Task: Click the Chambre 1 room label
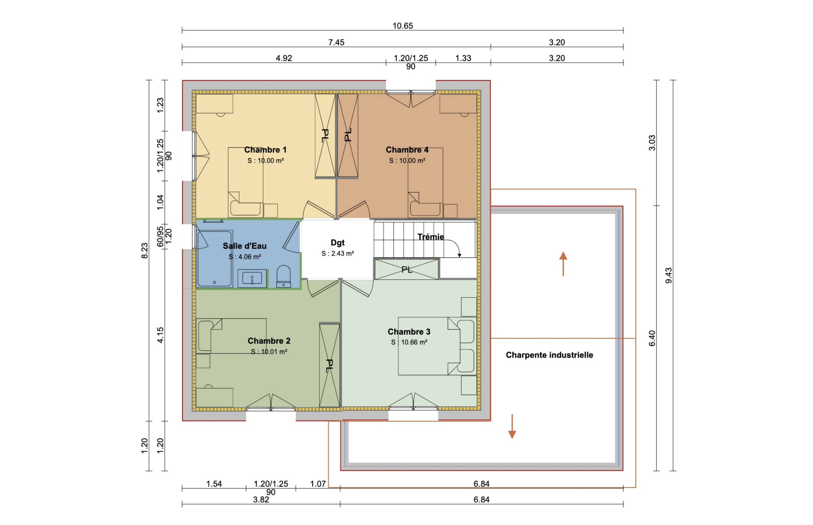pyautogui.click(x=265, y=150)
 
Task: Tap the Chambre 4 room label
pyautogui.click(x=407, y=150)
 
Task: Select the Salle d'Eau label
pyautogui.click(x=244, y=246)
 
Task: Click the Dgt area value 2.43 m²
pyautogui.click(x=338, y=253)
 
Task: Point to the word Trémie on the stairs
pyautogui.click(x=430, y=237)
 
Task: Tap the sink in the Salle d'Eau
pyautogui.click(x=252, y=278)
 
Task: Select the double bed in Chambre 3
pyautogui.click(x=428, y=346)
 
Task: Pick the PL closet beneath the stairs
pyautogui.click(x=406, y=269)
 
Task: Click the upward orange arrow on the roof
pyautogui.click(x=563, y=264)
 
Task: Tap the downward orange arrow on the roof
pyautogui.click(x=512, y=427)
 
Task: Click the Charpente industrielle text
pyautogui.click(x=549, y=355)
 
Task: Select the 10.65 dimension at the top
pyautogui.click(x=403, y=26)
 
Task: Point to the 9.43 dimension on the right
pyautogui.click(x=669, y=275)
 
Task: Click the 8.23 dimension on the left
pyautogui.click(x=144, y=251)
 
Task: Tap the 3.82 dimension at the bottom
pyautogui.click(x=261, y=500)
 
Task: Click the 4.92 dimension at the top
pyautogui.click(x=284, y=58)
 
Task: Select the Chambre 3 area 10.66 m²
pyautogui.click(x=409, y=342)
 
